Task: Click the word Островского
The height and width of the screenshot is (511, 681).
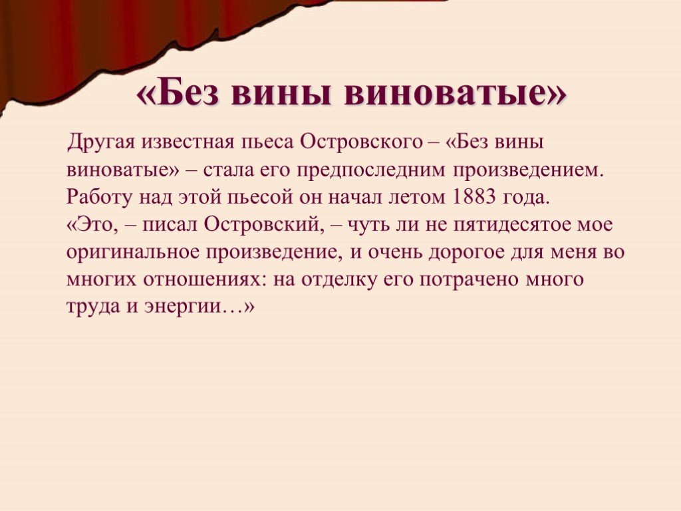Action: click(x=361, y=142)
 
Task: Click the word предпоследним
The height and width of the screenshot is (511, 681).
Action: click(x=371, y=170)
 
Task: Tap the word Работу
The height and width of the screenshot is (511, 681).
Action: click(x=99, y=197)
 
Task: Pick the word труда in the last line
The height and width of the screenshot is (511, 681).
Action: click(x=93, y=307)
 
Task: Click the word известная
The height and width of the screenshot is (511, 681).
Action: click(x=187, y=142)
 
